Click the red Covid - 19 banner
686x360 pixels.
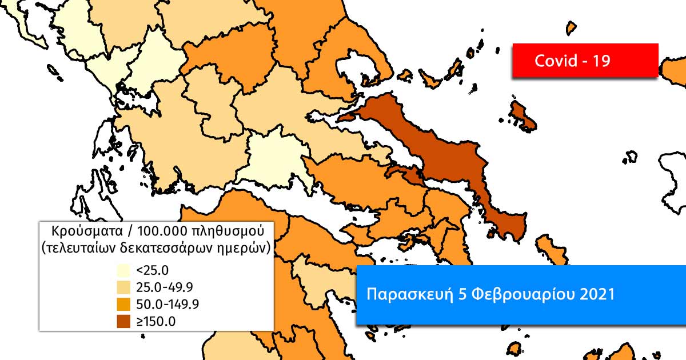(x=585, y=60)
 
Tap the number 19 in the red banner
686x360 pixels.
(x=600, y=61)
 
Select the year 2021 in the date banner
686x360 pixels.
(x=597, y=295)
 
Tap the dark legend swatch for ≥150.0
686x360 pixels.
(x=123, y=321)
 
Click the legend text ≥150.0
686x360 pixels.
(x=156, y=321)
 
